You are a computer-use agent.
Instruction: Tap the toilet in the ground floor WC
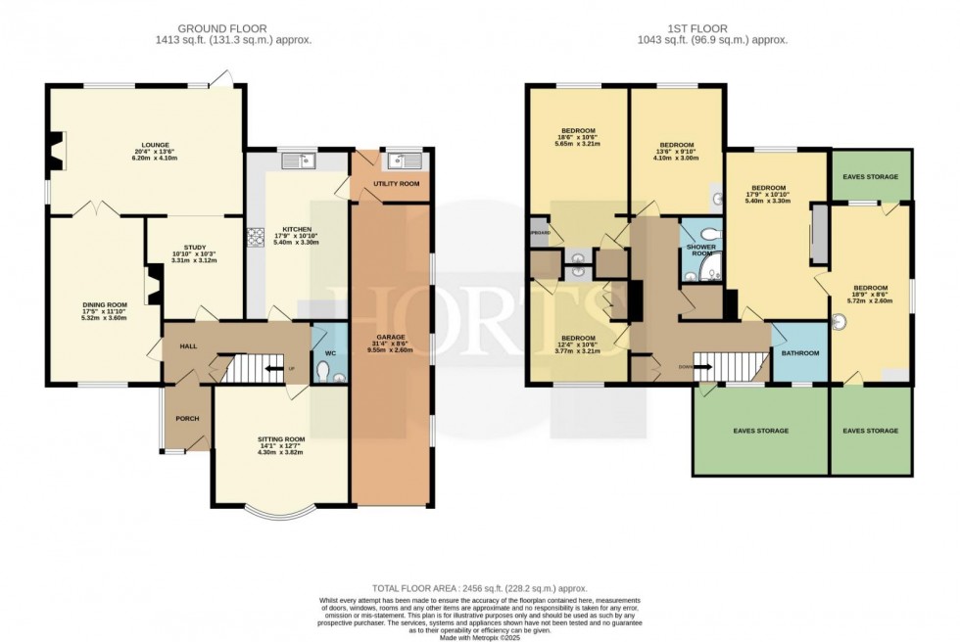tap(324, 371)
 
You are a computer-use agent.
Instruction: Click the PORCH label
tap(186, 419)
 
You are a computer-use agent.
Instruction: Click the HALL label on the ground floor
tap(189, 346)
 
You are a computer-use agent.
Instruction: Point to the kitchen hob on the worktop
tap(258, 236)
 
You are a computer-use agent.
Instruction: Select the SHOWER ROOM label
tap(700, 247)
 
